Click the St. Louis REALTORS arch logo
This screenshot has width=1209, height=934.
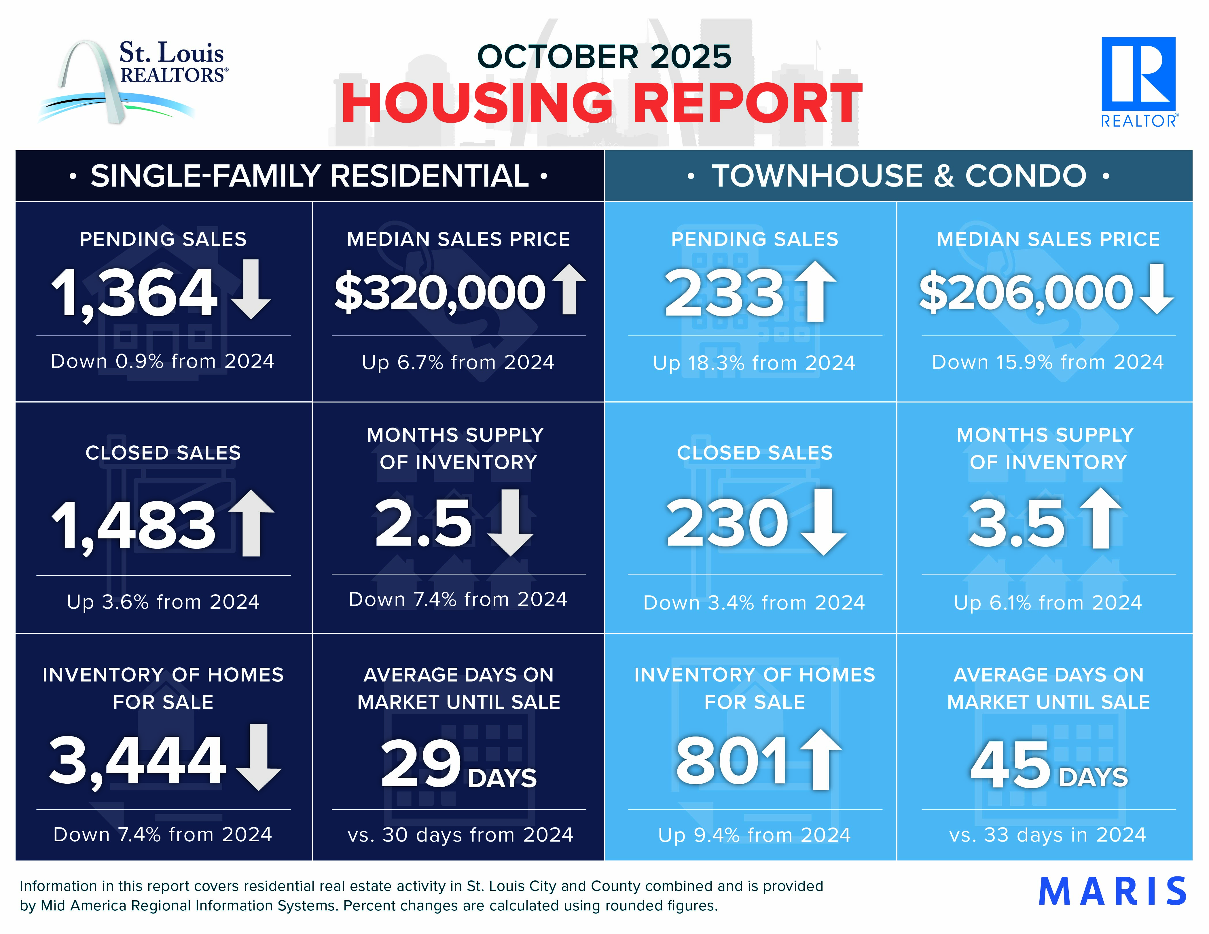tap(133, 80)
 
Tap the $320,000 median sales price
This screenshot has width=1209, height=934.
tap(440, 292)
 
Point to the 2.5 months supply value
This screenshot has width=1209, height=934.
tap(423, 523)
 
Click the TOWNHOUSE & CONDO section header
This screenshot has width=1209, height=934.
tap(899, 176)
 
